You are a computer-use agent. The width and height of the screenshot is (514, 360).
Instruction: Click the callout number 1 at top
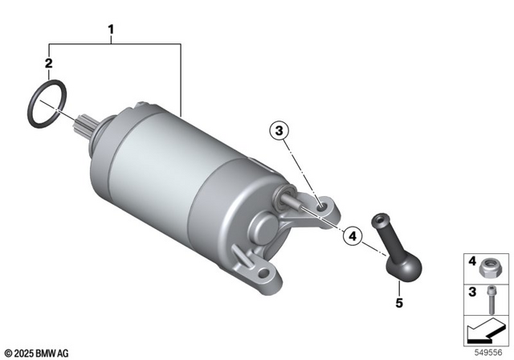pos(112,32)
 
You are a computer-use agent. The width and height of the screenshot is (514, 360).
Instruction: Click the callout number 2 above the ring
pos(49,62)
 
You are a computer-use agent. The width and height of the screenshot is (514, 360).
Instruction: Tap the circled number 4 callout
pos(350,236)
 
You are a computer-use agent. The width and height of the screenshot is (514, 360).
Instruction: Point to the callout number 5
pos(399,304)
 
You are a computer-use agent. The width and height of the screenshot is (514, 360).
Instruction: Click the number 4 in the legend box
pos(473,261)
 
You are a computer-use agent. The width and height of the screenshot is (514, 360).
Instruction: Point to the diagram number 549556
pos(490,351)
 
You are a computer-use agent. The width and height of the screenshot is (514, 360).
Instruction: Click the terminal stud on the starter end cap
pos(292,200)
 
